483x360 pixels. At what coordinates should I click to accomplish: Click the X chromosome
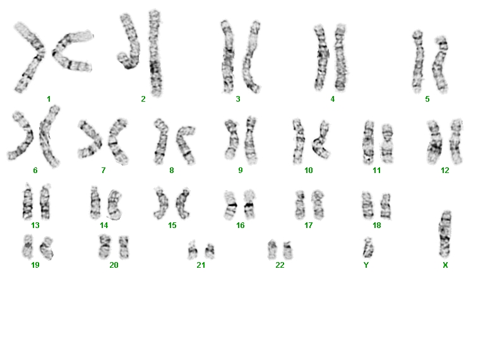[x=445, y=234]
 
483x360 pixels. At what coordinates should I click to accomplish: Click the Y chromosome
[x=368, y=248]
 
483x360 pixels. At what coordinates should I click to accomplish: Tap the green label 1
[x=49, y=99]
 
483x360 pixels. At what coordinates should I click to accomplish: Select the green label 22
[x=280, y=265]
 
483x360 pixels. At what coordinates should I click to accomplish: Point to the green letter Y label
[x=366, y=265]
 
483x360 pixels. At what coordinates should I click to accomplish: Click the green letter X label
[x=445, y=265]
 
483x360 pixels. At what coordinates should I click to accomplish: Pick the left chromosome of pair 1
[x=29, y=57]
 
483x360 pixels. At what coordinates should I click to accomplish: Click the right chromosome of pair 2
[x=155, y=53]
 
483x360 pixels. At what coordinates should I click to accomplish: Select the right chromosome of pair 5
[x=439, y=64]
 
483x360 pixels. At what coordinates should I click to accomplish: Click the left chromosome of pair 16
[x=231, y=205]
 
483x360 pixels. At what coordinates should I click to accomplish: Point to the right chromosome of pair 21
[x=210, y=251]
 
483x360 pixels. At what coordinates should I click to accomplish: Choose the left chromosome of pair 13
[x=27, y=201]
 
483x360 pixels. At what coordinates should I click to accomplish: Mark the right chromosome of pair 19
[x=47, y=248]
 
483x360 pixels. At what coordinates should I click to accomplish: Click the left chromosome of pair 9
[x=230, y=140]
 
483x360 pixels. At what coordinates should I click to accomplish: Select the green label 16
[x=241, y=225]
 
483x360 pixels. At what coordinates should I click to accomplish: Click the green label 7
[x=103, y=170]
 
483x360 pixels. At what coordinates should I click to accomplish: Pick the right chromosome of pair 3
[x=251, y=57]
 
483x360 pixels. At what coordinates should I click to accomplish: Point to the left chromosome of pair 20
[x=105, y=246]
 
